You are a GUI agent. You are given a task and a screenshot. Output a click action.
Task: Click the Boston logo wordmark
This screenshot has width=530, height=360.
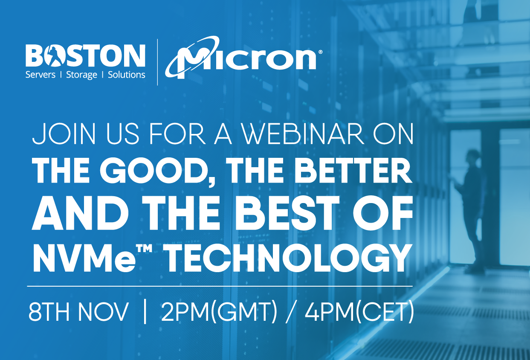(85, 56)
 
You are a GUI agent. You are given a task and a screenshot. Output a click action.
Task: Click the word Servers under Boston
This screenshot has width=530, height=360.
(40, 75)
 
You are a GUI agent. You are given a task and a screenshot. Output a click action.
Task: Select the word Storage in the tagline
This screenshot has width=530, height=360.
(81, 75)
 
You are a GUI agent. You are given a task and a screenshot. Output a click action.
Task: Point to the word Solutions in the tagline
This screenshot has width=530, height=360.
(127, 75)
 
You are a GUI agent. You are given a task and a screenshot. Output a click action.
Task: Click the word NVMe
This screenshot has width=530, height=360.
(84, 259)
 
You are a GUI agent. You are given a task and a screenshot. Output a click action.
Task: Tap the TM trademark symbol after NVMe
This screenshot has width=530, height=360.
(144, 249)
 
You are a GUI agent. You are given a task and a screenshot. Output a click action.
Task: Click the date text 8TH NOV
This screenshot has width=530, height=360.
(78, 311)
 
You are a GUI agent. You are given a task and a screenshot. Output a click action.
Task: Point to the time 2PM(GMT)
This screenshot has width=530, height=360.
(219, 312)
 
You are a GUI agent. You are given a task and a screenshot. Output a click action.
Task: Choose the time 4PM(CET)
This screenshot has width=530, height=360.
(359, 312)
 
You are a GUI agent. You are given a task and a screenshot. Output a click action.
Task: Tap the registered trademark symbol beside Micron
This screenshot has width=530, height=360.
(320, 52)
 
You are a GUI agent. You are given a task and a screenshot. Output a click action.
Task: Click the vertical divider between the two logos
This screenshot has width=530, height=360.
(158, 62)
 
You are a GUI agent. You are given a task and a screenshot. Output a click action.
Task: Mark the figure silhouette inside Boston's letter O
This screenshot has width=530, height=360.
(54, 56)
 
